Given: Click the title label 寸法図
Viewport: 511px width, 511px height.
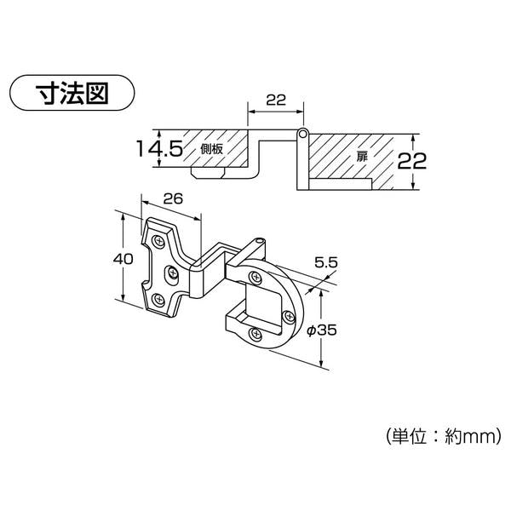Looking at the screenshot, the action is coord(72,93).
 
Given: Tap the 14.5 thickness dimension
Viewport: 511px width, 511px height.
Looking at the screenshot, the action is coord(159,148).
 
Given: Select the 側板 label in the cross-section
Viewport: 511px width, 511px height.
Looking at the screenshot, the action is coord(212,149).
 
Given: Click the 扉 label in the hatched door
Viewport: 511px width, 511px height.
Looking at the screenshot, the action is coord(362,156).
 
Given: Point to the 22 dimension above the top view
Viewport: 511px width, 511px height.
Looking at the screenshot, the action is coord(276,100).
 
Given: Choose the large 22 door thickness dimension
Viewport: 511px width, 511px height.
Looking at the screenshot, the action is coord(412,161).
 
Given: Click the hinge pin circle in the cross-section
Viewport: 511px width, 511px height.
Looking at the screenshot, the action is coord(302,134).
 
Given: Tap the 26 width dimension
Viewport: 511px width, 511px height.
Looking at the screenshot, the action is coord(173,198).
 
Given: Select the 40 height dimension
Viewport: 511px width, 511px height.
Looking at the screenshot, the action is coord(123,259).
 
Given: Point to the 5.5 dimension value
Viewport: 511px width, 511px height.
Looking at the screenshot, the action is coord(326,262).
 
